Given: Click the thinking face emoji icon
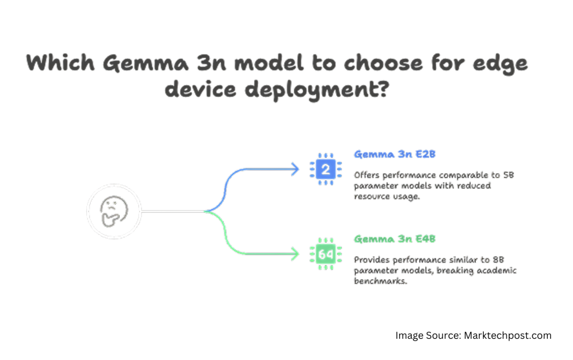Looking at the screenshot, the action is [114, 211].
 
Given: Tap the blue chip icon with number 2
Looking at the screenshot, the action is [326, 169].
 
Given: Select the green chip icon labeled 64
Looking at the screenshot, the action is [326, 254].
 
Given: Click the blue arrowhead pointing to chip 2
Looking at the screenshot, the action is [295, 169].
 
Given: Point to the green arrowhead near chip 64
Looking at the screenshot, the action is [295, 254].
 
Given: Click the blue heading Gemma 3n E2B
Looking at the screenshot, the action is [394, 154].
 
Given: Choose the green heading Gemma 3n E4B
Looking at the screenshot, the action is [394, 239].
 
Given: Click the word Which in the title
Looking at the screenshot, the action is [60, 63].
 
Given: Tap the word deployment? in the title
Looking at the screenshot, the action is [317, 90].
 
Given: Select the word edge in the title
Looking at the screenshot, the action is [500, 64].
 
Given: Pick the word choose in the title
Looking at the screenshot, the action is [383, 63].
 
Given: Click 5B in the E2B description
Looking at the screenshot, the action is [508, 175].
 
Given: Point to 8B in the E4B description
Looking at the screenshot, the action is [499, 260].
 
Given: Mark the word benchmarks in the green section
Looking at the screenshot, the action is [380, 281].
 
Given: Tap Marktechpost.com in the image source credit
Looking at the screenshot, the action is [508, 335].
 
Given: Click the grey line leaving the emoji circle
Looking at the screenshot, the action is [172, 211].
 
